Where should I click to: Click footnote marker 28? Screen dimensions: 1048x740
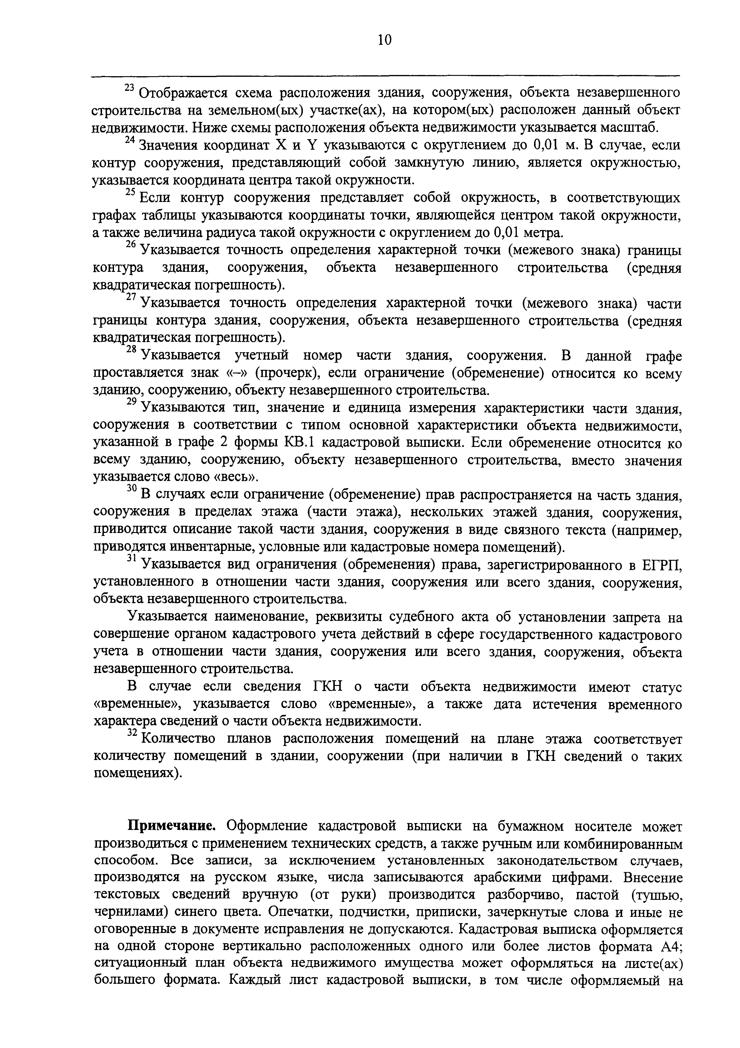click(x=131, y=350)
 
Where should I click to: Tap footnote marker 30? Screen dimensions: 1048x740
click(x=131, y=488)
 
